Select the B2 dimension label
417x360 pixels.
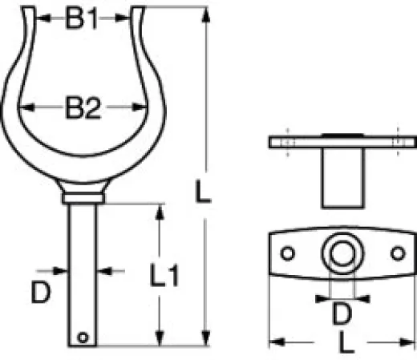point(84,110)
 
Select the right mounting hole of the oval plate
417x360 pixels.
point(395,252)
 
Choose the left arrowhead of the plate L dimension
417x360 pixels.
point(273,342)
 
